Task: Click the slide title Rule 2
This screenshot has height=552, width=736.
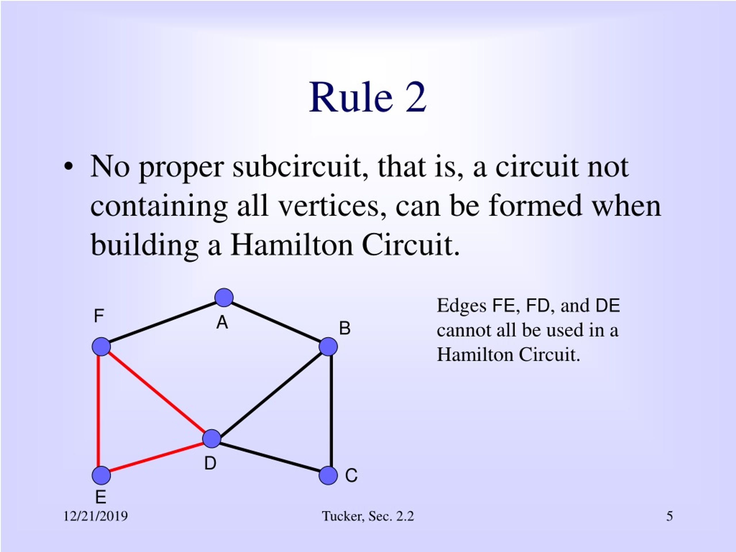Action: [368, 97]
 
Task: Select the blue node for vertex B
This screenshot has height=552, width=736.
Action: [328, 347]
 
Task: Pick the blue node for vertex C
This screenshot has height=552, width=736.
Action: [328, 475]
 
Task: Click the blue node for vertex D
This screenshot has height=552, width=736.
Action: [212, 438]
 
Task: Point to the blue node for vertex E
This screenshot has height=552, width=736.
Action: [101, 475]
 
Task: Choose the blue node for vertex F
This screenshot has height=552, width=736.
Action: [101, 347]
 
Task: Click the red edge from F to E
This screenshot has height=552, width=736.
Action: [99, 411]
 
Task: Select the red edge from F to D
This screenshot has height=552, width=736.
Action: [156, 393]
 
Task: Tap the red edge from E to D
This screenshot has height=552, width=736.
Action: [156, 457]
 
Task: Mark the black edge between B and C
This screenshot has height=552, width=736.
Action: [331, 411]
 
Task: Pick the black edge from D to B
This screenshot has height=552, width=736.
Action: [270, 393]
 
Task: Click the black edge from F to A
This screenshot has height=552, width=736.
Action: [163, 322]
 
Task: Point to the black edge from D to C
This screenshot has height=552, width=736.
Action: [270, 457]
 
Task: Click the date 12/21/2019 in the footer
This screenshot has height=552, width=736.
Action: [95, 516]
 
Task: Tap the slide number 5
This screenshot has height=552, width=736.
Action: [670, 516]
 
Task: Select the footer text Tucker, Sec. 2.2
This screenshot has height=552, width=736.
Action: [368, 516]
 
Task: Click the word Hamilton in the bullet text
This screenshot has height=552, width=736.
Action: [292, 245]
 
